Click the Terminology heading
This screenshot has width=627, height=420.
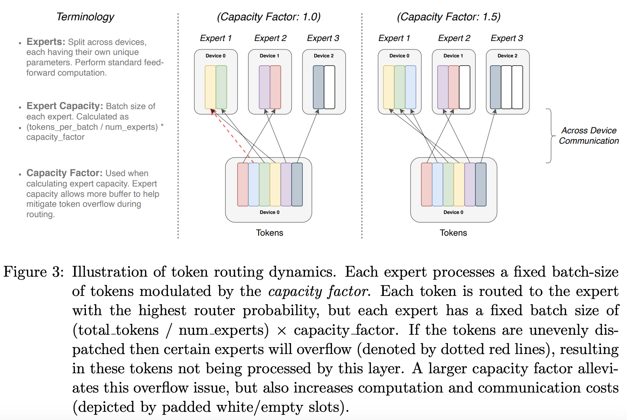pos(85,17)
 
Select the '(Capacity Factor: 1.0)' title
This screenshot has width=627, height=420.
pos(269,17)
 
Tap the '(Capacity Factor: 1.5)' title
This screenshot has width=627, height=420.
pos(449,17)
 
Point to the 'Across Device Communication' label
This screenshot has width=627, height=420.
pos(588,135)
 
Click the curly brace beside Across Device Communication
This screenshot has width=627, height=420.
pos(551,136)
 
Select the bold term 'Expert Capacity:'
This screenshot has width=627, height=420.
pos(65,106)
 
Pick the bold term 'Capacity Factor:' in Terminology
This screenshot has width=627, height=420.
pos(64,173)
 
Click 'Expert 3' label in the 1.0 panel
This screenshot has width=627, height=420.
pos(323,38)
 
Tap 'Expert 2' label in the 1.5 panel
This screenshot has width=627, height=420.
pos(454,38)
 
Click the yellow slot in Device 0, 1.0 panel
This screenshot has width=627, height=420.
pos(210,87)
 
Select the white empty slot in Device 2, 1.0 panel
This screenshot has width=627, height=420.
pos(329,87)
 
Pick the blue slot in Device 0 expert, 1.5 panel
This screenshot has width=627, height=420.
pos(411,87)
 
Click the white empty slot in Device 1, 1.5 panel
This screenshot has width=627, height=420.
pos(464,87)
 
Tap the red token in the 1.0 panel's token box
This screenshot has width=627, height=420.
pos(243,184)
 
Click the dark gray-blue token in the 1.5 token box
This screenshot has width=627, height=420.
pos(481,184)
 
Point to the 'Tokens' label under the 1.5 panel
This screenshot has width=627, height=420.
pos(453,233)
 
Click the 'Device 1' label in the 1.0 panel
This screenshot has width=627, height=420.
pos(269,56)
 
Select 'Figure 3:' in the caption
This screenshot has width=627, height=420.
pos(34,272)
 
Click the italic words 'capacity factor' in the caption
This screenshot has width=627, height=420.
pos(318,292)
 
